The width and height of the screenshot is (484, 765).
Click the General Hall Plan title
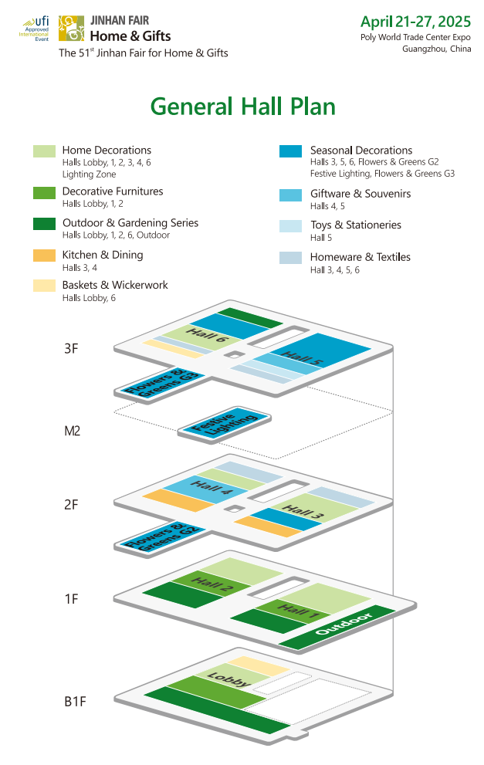coord(242,107)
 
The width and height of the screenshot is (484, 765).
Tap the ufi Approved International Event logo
coord(36,29)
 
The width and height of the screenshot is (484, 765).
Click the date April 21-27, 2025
coord(416,22)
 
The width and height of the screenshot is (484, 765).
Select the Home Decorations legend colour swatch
coord(44,151)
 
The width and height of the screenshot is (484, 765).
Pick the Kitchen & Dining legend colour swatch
coord(44,256)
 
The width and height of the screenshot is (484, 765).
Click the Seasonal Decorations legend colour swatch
coord(290,151)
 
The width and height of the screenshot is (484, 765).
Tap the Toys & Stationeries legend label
coord(356,225)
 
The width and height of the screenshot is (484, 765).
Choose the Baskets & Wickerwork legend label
coord(115,285)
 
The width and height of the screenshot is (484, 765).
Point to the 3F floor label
coord(71,348)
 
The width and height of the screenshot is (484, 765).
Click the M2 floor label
coord(73,431)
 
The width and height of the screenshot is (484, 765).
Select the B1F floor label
coord(75,701)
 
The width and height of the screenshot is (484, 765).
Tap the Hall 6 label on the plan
coord(206,335)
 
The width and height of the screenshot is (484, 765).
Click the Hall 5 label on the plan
coord(302,357)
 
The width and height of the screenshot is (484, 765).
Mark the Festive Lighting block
coord(224,423)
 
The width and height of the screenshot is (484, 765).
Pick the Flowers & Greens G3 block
coord(161,383)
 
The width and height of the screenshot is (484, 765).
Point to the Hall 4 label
coord(211,487)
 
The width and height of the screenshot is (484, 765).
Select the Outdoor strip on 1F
coord(337,627)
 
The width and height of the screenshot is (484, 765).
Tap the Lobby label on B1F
coord(228,679)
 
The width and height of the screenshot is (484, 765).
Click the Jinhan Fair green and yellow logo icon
coord(71,29)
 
